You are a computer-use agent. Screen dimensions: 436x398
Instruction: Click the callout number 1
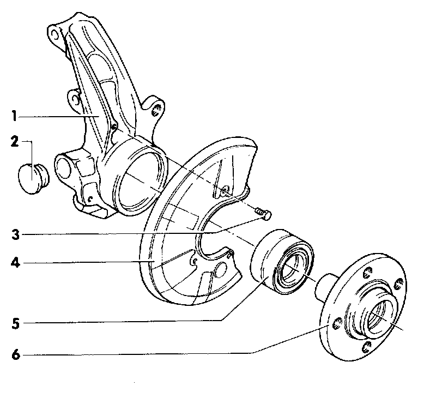14,116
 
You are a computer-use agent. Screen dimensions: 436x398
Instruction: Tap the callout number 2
14,142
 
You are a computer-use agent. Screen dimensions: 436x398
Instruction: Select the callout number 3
15,236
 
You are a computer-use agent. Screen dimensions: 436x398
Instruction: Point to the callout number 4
15,263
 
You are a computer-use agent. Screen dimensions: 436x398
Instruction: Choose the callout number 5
15,322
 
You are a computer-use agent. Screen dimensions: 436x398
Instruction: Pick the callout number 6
15,355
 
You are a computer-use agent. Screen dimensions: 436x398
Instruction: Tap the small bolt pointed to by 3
263,214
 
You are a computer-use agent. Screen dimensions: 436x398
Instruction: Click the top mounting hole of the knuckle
55,34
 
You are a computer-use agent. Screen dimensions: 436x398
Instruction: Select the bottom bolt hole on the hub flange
369,349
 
